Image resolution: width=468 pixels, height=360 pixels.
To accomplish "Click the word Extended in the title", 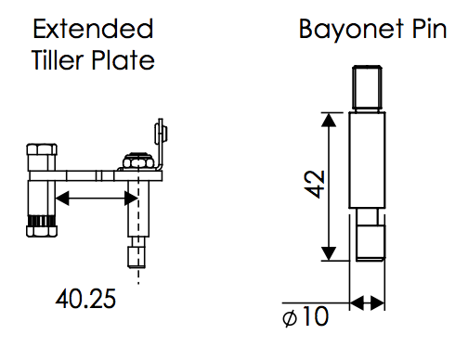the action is [x=93, y=29].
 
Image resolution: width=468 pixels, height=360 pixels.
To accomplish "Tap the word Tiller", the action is [x=58, y=59].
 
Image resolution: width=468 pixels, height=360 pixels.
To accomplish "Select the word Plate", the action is [x=123, y=59].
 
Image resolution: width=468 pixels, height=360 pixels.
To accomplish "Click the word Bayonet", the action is [x=351, y=30].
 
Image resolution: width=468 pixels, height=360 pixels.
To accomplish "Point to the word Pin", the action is [x=429, y=29].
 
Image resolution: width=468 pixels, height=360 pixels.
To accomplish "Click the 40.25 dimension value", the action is [x=85, y=299].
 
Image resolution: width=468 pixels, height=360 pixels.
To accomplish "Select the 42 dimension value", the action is [x=315, y=184].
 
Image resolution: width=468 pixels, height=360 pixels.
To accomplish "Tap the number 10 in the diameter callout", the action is [x=316, y=315].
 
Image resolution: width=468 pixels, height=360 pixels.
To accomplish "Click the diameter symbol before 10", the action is [x=290, y=318].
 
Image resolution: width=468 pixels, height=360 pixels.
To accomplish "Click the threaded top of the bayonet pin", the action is [x=367, y=88].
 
